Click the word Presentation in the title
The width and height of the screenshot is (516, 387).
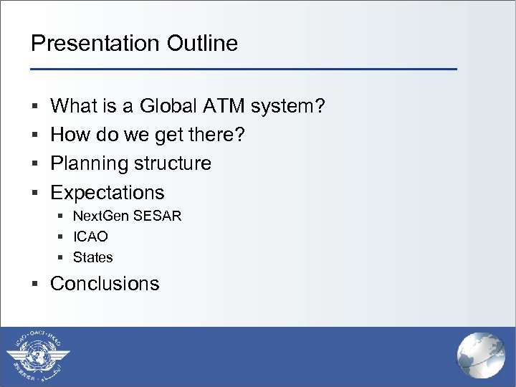95,44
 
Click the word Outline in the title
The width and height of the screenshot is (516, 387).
202,44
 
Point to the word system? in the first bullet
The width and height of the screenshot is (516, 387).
288,107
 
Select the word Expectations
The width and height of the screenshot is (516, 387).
107,193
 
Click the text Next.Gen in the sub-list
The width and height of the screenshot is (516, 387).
97,216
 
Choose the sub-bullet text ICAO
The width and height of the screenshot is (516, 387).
90,236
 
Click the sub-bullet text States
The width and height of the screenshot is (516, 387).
93,257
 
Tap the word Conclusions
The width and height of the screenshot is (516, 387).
105,284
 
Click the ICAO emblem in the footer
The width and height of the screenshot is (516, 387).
39,356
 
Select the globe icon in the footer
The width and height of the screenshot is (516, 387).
481,356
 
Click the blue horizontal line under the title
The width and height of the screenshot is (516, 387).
244,69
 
